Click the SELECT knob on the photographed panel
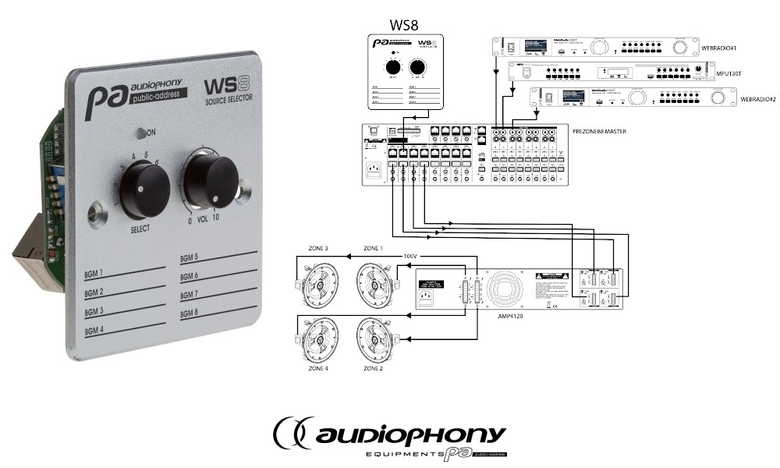(144, 189)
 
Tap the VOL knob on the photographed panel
(210, 182)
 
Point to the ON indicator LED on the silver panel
(140, 133)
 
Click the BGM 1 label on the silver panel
(94, 274)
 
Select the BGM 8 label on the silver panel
(190, 313)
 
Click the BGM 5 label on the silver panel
(190, 257)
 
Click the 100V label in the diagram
(411, 255)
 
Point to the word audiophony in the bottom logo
(410, 434)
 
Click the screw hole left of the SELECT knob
(97, 211)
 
